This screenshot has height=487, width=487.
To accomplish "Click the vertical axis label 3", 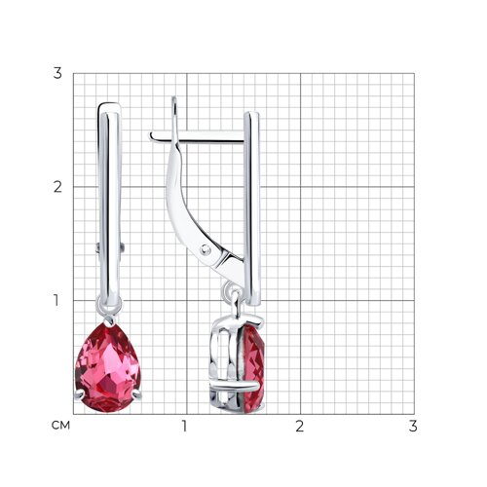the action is tap(57, 73).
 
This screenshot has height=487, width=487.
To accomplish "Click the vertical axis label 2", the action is tap(57, 187).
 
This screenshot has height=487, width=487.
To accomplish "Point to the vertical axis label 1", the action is tap(56, 300).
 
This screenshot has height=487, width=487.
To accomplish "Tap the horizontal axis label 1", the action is tap(184, 426).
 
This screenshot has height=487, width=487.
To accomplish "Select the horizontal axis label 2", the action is tap(300, 426).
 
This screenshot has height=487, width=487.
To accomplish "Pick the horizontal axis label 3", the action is tap(413, 426).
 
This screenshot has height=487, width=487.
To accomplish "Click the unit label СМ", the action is tap(60, 426).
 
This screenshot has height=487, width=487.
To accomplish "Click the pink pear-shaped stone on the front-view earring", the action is tap(107, 368).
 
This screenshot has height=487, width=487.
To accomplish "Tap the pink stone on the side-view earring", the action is tap(253, 368).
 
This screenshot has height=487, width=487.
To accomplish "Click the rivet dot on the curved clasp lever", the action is tap(206, 249).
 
